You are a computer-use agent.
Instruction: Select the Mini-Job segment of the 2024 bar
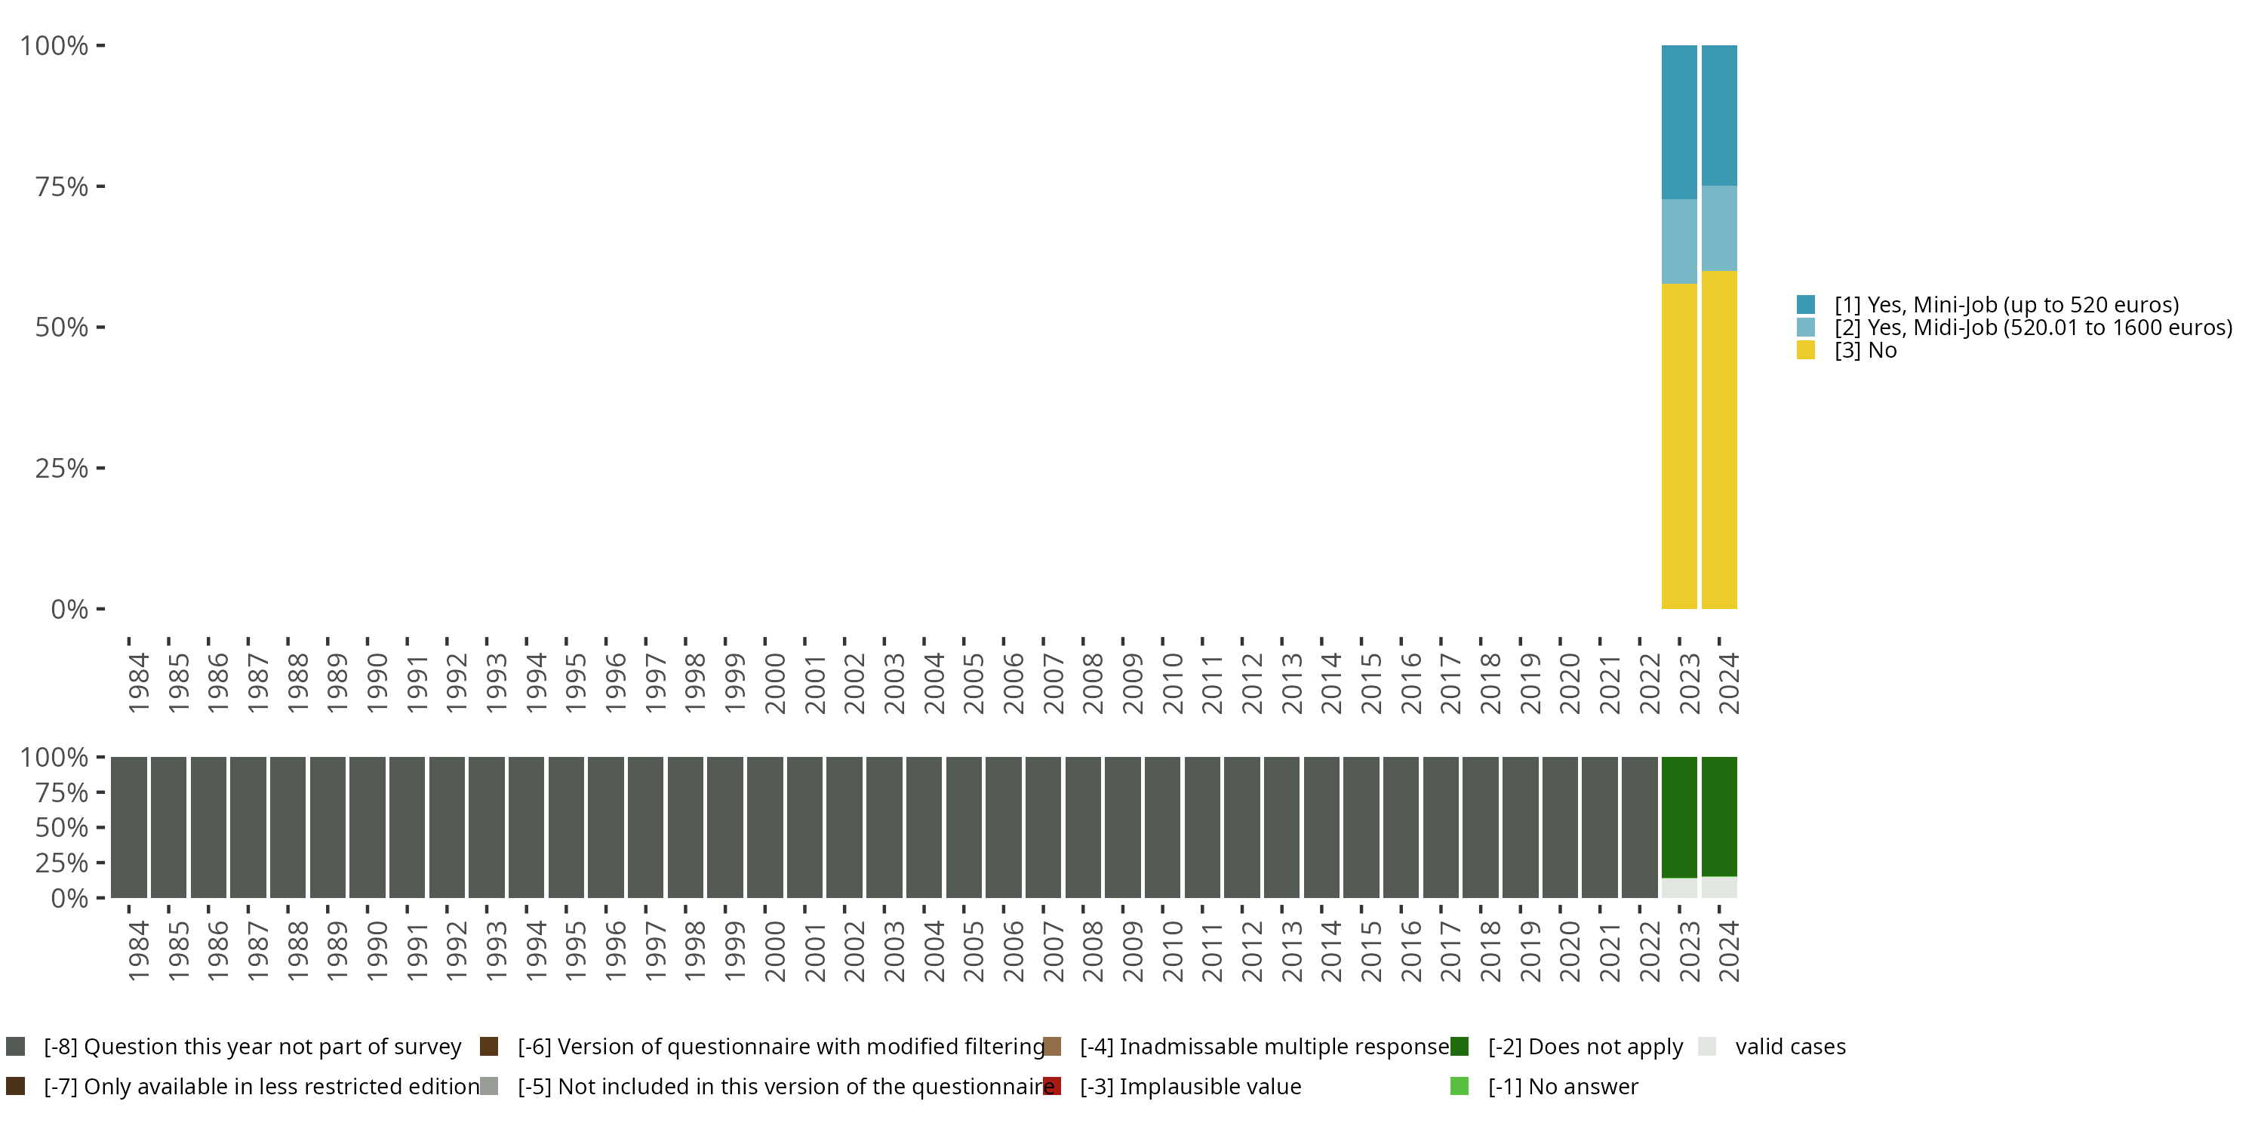pos(1719,115)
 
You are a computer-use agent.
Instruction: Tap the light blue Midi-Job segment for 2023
pos(1678,241)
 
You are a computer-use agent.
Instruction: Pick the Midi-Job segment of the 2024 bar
pos(1719,228)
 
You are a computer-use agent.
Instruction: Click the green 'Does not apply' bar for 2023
pos(1678,817)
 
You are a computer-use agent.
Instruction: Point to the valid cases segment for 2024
pos(1719,887)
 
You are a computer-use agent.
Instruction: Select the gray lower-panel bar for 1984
pos(128,827)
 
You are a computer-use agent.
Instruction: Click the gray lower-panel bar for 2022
pos(1639,827)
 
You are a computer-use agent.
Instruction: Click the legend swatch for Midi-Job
pos(1806,328)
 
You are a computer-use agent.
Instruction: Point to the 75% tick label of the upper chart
pos(62,186)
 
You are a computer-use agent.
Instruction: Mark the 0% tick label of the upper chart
pos(69,609)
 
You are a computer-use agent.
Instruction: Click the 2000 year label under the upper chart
pos(775,683)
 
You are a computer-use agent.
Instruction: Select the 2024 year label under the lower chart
pos(1729,951)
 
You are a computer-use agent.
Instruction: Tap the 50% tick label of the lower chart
pos(62,828)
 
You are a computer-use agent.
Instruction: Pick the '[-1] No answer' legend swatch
pos(1459,1086)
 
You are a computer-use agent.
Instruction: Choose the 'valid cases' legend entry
pos(1789,1047)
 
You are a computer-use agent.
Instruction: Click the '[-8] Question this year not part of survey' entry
pos(251,1047)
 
